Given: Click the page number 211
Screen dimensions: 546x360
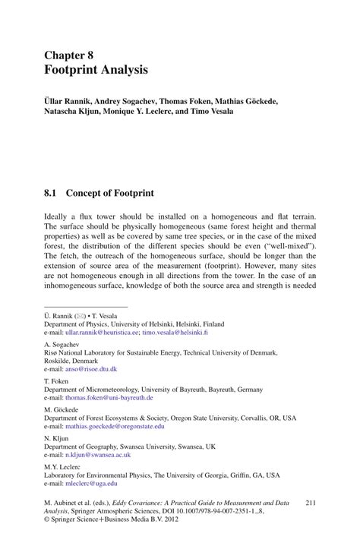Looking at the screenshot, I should point(310,503).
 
